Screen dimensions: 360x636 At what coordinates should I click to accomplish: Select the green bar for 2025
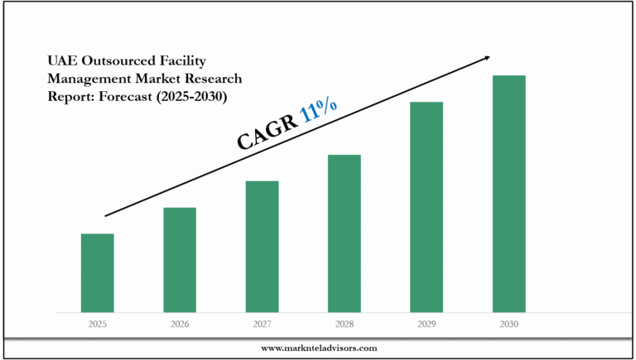coord(97,273)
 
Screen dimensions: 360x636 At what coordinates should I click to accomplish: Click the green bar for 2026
coord(180,260)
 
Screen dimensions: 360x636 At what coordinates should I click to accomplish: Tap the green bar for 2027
coord(262,247)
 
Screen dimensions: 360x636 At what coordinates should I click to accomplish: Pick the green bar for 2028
coord(344,233)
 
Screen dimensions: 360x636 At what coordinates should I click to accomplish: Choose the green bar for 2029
coord(426,207)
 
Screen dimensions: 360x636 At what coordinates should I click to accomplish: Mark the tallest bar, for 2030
coord(509,194)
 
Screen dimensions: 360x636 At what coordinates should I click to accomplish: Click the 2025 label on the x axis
coord(97,324)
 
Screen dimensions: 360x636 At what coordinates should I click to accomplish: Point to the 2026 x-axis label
coord(180,324)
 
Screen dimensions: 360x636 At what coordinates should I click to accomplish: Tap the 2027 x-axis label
coord(262,324)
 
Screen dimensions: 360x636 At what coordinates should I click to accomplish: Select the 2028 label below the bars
coord(344,324)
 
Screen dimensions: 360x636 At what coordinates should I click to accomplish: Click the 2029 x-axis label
coord(426,324)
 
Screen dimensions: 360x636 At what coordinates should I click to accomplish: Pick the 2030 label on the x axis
coord(509,324)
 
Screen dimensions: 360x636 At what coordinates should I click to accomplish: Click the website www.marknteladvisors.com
coord(319,348)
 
